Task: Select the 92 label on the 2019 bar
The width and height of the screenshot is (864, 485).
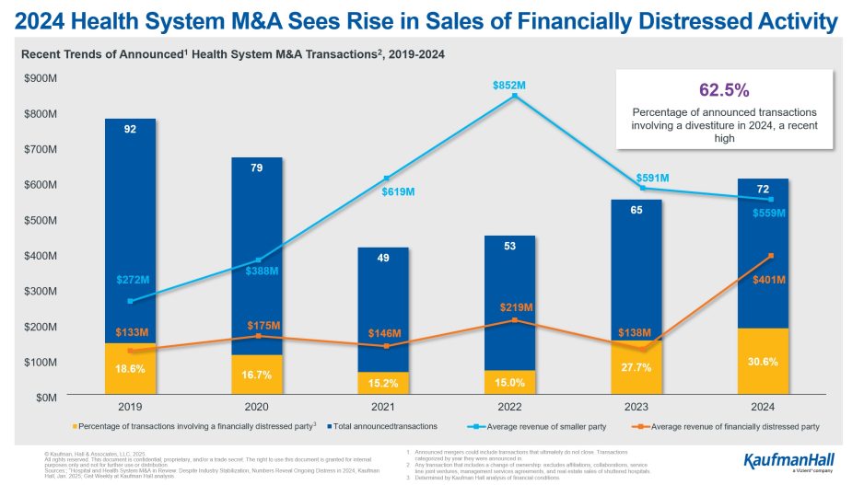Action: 130,130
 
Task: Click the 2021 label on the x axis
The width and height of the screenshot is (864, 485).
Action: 384,405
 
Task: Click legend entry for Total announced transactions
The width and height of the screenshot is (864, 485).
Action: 385,426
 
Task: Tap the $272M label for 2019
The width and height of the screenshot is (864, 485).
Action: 133,279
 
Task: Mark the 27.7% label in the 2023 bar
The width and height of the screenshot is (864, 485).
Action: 636,367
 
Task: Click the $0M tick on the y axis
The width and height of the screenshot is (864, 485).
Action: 44,398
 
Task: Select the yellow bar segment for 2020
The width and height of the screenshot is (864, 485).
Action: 257,375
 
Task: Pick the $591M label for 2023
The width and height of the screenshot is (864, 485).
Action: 652,178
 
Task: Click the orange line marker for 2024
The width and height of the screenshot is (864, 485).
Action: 770,256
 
